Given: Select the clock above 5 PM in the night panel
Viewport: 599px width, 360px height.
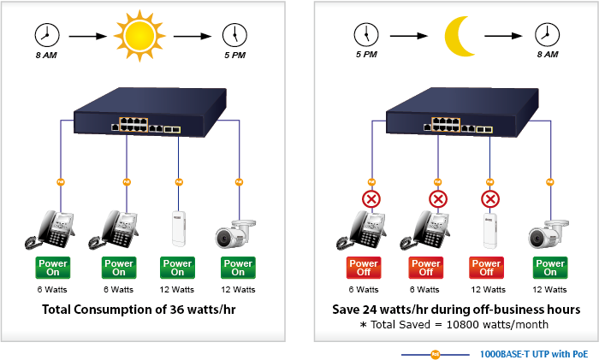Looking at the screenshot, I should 365,35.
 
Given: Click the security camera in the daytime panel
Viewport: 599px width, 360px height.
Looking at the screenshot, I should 234,233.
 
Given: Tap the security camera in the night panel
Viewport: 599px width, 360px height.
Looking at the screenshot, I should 548,233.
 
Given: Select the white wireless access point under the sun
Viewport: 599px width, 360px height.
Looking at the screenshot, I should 178,228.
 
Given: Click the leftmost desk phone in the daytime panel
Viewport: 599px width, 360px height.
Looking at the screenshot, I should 50,229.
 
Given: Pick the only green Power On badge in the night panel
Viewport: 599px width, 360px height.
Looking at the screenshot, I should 550,268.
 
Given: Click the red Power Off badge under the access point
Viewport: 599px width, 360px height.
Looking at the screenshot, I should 489,268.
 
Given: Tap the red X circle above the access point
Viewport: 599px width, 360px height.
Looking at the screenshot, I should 490,200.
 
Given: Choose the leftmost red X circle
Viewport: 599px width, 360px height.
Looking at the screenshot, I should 372,200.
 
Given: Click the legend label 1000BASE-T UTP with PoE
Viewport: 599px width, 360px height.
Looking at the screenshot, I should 533,353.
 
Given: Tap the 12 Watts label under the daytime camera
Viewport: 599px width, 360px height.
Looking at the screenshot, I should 238,290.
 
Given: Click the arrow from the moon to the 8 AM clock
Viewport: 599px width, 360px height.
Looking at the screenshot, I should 504,37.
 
